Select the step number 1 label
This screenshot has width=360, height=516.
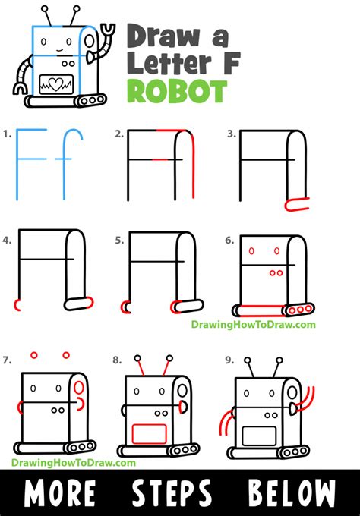(x=7, y=134)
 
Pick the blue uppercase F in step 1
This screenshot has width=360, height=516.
(x=30, y=156)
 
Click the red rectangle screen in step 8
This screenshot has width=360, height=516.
(x=150, y=433)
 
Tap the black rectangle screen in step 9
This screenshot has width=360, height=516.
(x=259, y=435)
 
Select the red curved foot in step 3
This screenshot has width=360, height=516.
(x=295, y=203)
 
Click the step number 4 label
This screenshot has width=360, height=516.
(x=7, y=241)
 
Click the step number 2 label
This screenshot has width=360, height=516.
(x=118, y=134)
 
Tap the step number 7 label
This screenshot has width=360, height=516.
(x=7, y=360)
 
